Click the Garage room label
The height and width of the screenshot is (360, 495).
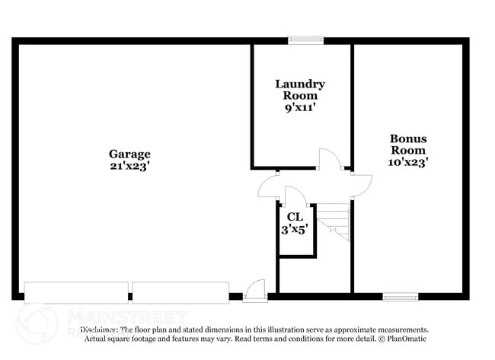tap(129, 154)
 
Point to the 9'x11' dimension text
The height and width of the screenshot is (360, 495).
tap(300, 108)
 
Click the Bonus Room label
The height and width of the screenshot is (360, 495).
tap(408, 145)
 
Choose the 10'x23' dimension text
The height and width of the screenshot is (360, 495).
tap(408, 161)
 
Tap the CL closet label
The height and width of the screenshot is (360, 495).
tap(294, 217)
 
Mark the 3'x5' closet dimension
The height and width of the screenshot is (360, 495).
tap(294, 229)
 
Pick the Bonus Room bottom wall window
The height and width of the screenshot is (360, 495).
tap(400, 296)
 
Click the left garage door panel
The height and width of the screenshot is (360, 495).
tap(76, 293)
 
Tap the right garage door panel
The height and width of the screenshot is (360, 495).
tap(180, 293)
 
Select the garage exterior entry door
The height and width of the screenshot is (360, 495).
tap(255, 290)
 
